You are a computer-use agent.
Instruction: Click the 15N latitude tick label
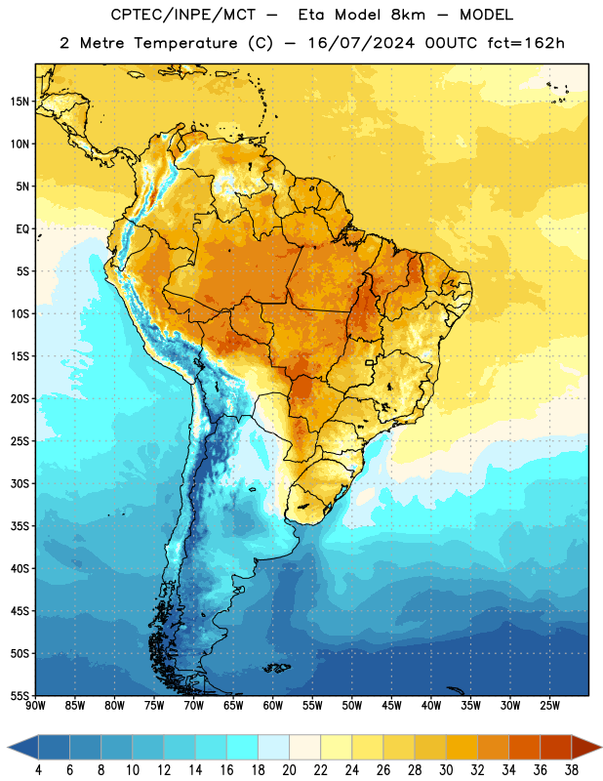point(20,102)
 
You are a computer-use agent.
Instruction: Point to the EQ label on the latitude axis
point(22,229)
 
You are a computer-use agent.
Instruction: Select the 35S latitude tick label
point(20,526)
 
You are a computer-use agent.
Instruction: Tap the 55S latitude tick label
point(20,696)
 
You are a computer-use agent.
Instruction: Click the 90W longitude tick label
point(35,706)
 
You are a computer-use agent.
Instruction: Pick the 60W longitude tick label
point(273,706)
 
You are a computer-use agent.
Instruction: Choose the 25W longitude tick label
point(549,706)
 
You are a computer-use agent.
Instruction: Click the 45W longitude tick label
point(391,706)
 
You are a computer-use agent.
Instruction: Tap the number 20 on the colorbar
point(289,770)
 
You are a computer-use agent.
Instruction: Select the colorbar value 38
point(572,770)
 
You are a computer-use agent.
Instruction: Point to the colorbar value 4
point(38,770)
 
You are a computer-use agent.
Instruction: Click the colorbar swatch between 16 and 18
point(243,747)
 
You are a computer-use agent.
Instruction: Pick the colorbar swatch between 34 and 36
point(525,747)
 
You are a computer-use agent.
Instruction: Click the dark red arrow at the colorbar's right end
point(585,747)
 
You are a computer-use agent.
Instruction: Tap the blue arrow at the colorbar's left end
point(23,747)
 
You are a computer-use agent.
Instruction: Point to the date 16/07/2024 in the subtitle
point(361,43)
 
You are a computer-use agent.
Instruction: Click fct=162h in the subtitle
point(526,43)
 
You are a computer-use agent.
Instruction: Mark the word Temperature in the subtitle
point(185,43)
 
